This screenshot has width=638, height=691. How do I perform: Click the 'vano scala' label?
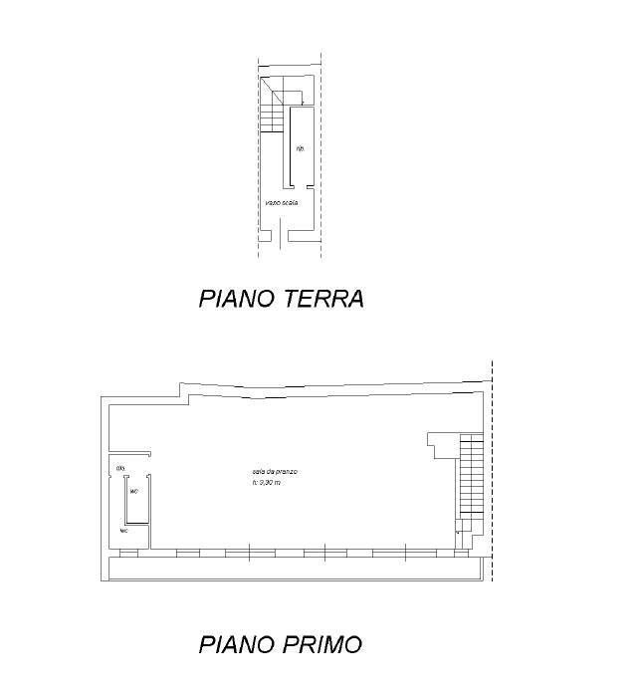282,203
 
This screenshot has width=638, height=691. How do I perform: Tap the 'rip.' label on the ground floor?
300,150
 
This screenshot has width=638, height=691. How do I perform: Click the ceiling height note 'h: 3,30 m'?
267,483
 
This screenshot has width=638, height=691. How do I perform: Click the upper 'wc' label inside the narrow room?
133,491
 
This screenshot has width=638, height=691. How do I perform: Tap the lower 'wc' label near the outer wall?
123,531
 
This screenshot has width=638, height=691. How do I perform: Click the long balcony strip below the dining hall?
294,569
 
